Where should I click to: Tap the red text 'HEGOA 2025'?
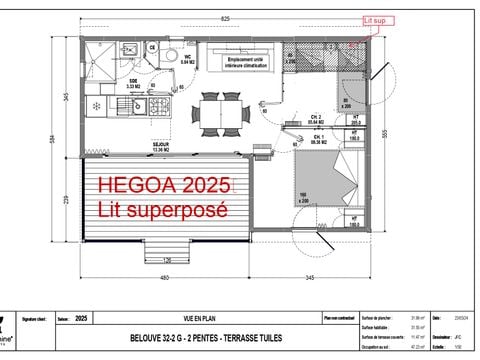coord(164,186)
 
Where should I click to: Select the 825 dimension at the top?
coord(225,19)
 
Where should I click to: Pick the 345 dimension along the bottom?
coord(311,277)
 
